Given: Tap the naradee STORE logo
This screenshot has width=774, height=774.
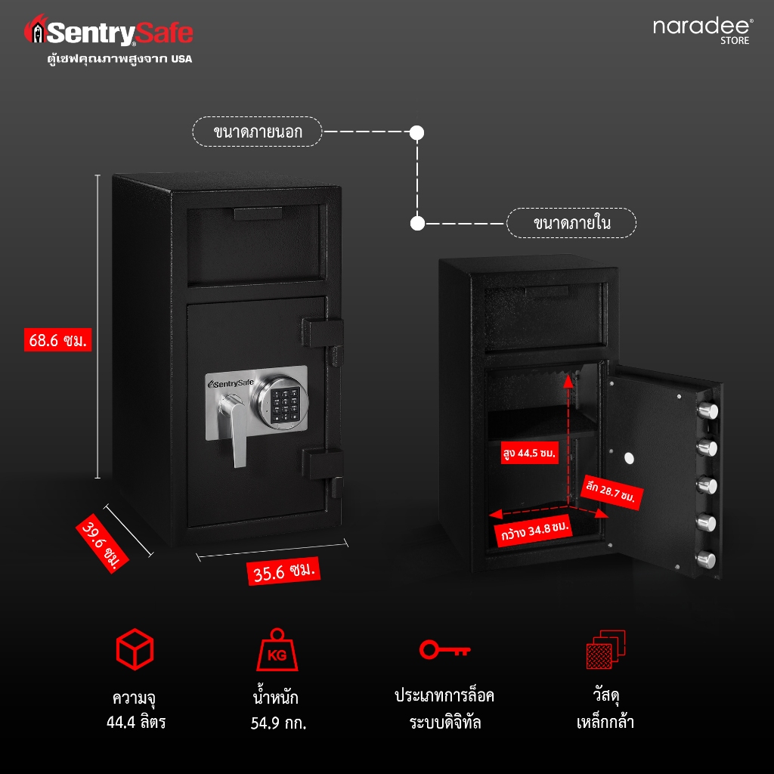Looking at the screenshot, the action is (703, 31).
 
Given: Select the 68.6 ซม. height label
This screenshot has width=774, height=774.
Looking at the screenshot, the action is (57, 339).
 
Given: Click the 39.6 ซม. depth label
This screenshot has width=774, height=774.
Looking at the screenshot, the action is (102, 543).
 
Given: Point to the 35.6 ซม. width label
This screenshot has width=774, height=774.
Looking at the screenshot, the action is (283, 571).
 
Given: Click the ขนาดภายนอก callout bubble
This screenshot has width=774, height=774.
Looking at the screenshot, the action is (257, 132).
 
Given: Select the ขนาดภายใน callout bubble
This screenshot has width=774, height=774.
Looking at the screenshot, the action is (571, 223).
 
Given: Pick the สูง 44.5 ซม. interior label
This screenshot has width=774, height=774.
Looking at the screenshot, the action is (530, 453).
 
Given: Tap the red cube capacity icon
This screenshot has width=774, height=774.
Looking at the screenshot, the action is (135, 649).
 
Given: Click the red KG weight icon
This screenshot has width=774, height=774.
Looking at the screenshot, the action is (277, 649).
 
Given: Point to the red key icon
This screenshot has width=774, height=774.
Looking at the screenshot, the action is (444, 649).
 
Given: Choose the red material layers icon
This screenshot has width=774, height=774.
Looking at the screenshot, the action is (605, 649).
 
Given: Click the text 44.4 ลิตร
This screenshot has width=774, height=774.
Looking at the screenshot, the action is (136, 722).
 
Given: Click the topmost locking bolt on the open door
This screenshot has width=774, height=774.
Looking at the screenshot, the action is (707, 410).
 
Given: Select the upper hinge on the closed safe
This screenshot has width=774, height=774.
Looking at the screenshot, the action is (322, 333).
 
